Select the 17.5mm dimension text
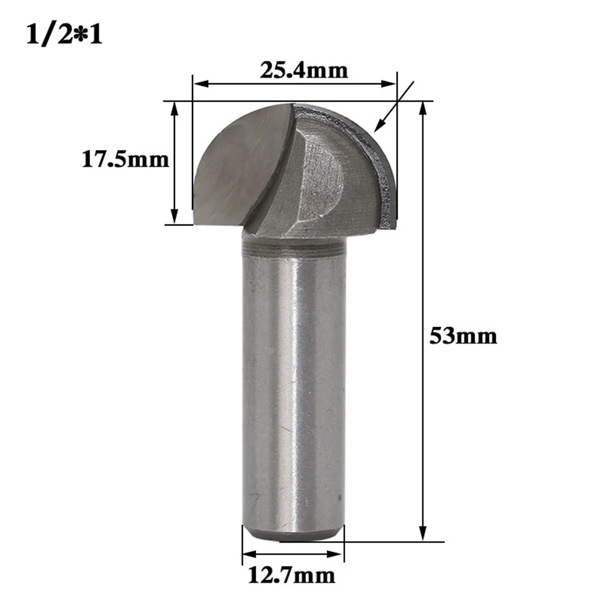[x=126, y=160]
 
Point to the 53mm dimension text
[x=463, y=335]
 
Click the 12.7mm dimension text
[x=288, y=574]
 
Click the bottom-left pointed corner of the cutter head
[x=196, y=223]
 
